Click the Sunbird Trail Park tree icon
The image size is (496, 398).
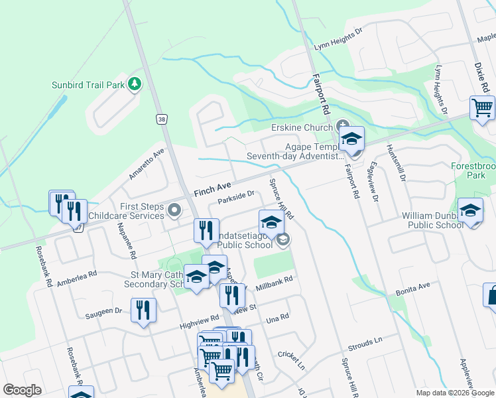click(135, 84)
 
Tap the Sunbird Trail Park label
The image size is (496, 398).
click(88, 85)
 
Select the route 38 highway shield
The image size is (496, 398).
click(161, 119)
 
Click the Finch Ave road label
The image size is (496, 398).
click(212, 188)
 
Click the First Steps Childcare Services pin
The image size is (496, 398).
click(175, 211)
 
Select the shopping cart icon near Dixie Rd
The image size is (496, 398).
click(482, 107)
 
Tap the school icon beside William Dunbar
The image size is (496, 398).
click(470, 211)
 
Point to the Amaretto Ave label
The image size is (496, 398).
click(146, 163)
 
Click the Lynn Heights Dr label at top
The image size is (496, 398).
click(339, 38)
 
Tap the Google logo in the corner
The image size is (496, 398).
click(22, 390)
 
